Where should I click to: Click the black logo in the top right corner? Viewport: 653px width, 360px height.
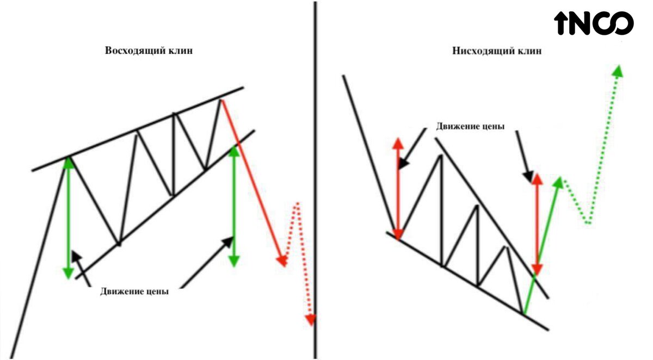click(x=594, y=23)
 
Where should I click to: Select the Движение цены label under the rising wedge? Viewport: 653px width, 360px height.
click(x=134, y=291)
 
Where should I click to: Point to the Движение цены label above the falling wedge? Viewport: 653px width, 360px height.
click(x=470, y=126)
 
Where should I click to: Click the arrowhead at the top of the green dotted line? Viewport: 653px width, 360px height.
click(x=617, y=71)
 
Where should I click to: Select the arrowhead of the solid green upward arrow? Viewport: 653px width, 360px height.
click(x=558, y=182)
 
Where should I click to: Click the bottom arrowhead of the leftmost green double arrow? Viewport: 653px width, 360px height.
click(x=69, y=272)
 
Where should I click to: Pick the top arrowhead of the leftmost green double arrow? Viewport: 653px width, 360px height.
click(x=69, y=162)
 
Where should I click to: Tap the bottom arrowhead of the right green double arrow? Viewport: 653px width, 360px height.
click(x=234, y=260)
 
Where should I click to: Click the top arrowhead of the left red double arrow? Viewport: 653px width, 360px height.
click(x=398, y=142)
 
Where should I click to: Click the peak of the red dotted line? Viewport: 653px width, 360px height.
click(x=297, y=204)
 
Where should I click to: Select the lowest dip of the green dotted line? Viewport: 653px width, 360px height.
click(x=588, y=222)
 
